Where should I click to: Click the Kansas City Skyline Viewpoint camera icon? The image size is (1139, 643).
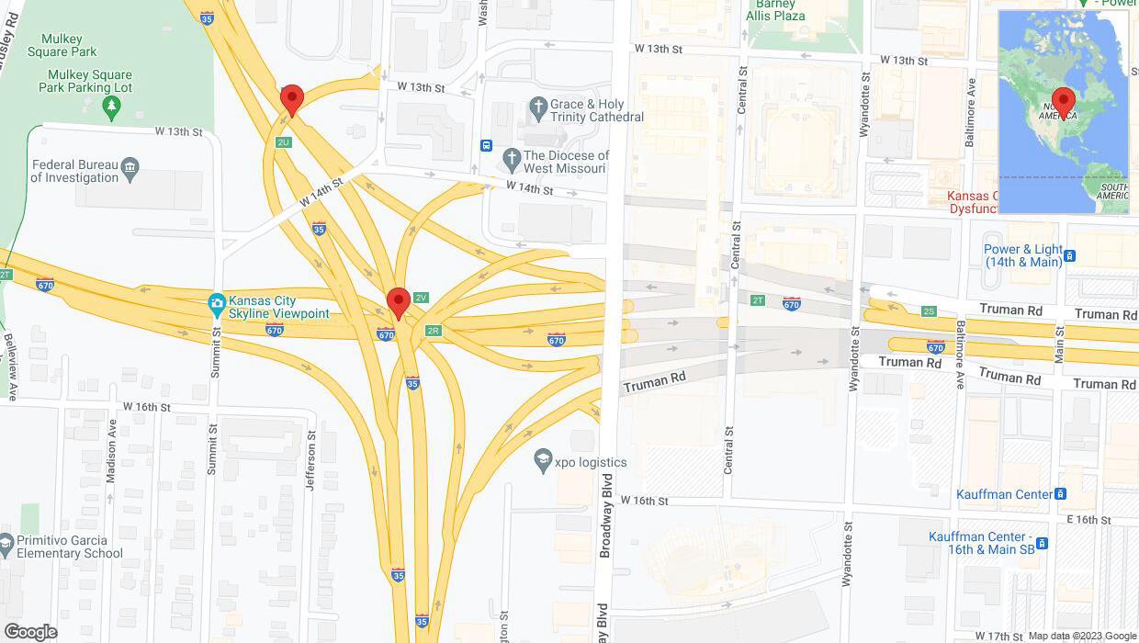tap(217, 302)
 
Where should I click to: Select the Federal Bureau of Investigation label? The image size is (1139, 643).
tap(74, 171)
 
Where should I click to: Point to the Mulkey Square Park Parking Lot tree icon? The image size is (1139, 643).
tap(112, 107)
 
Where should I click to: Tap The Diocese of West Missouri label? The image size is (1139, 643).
tap(566, 162)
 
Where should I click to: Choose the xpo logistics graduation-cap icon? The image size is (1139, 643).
tap(543, 462)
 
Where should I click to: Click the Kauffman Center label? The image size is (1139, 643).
tap(1005, 494)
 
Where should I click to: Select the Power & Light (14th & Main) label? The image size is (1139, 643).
tap(1023, 255)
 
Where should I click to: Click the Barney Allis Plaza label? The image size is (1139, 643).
tap(775, 10)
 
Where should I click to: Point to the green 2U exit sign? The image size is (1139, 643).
tap(284, 142)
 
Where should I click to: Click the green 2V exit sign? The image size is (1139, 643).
tap(422, 298)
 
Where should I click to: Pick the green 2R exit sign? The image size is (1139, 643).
tap(434, 331)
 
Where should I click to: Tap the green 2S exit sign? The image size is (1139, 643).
tap(929, 311)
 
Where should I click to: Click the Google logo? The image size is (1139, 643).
tap(30, 632)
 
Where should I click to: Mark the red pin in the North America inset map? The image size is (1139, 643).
tap(1064, 102)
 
